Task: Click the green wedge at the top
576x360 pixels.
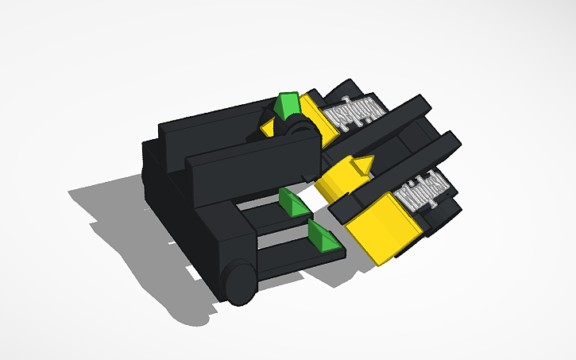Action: point(286,104)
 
